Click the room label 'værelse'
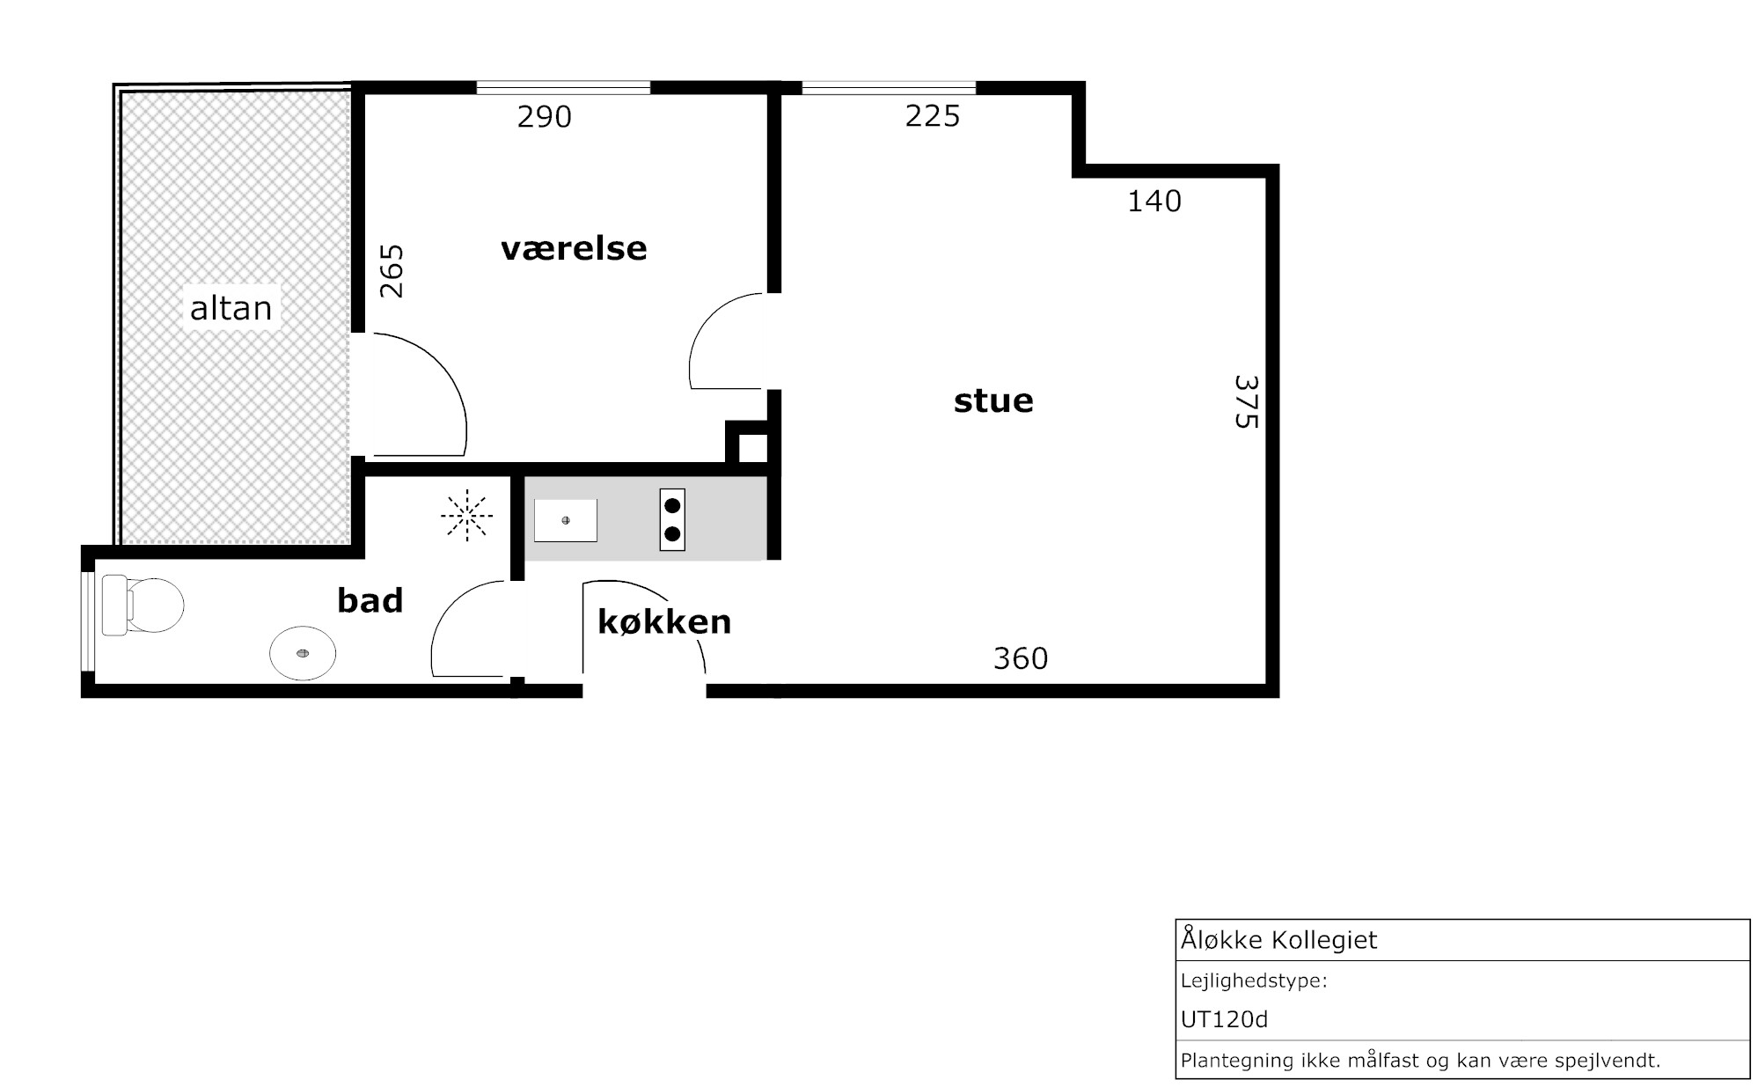574,248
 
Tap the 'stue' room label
993,400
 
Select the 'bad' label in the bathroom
370,600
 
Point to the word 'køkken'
664,621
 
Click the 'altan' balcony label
231,308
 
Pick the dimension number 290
545,117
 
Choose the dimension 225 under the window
933,116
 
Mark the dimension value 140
1154,202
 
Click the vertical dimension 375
1246,402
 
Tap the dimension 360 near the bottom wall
1021,658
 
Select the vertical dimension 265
392,271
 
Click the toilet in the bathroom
143,605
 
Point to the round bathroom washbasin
303,653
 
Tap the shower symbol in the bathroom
466,515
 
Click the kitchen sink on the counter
566,520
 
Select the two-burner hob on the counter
672,519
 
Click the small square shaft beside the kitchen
752,447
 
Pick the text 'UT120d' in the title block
1224,1019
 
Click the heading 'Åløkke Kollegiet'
1278,939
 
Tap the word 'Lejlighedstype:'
1254,981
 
